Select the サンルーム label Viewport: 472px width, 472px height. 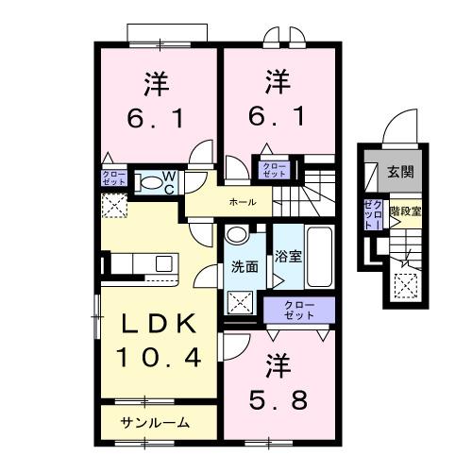155,423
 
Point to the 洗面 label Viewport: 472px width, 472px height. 244,267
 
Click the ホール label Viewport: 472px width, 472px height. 242,202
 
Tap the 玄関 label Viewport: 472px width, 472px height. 400,174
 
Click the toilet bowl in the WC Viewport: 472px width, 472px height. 149,183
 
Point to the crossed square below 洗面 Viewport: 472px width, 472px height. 241,300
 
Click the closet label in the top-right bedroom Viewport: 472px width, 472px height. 273,170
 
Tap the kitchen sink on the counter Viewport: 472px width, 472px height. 163,263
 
